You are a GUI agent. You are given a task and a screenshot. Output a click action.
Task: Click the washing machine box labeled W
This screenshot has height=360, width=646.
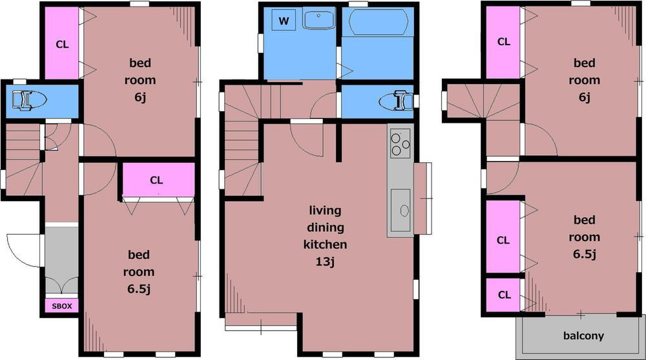[x=284, y=20]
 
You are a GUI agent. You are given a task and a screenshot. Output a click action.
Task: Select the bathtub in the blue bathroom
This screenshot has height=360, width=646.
[x=378, y=22]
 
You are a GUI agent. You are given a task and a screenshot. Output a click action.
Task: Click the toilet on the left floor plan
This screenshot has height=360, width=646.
[x=28, y=101]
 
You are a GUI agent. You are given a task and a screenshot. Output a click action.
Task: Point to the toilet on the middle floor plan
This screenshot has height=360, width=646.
[x=396, y=101]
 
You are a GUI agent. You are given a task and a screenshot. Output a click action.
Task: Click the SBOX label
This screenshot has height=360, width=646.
[x=62, y=306]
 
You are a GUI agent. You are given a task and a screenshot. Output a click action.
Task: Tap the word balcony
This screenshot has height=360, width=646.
[x=583, y=335]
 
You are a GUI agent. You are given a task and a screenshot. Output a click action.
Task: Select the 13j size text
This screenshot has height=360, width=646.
[x=325, y=262]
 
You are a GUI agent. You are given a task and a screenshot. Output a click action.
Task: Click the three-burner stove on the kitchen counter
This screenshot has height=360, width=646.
[x=400, y=143]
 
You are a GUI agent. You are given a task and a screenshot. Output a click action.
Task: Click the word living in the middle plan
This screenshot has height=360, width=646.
[x=325, y=211]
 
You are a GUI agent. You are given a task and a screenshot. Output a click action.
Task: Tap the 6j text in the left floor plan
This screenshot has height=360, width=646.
[x=140, y=98]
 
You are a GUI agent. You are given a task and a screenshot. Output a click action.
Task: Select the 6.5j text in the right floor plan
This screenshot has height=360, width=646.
[x=584, y=254]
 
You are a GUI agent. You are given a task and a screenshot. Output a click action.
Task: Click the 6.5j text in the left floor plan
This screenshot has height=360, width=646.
[x=138, y=289]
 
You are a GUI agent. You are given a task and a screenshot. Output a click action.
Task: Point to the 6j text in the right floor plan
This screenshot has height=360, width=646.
[x=584, y=98]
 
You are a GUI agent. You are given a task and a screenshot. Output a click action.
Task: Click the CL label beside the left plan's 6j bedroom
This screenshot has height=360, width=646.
[x=62, y=44]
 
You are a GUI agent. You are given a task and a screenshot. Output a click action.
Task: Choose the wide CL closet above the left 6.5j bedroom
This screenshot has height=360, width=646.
[x=158, y=180]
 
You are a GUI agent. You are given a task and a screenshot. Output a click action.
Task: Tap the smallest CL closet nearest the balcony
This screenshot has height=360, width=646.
[x=503, y=295]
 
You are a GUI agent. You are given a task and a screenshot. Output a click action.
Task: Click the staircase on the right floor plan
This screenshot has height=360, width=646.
[x=483, y=101]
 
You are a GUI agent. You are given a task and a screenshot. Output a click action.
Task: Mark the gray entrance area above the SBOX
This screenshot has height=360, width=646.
[x=61, y=260]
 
